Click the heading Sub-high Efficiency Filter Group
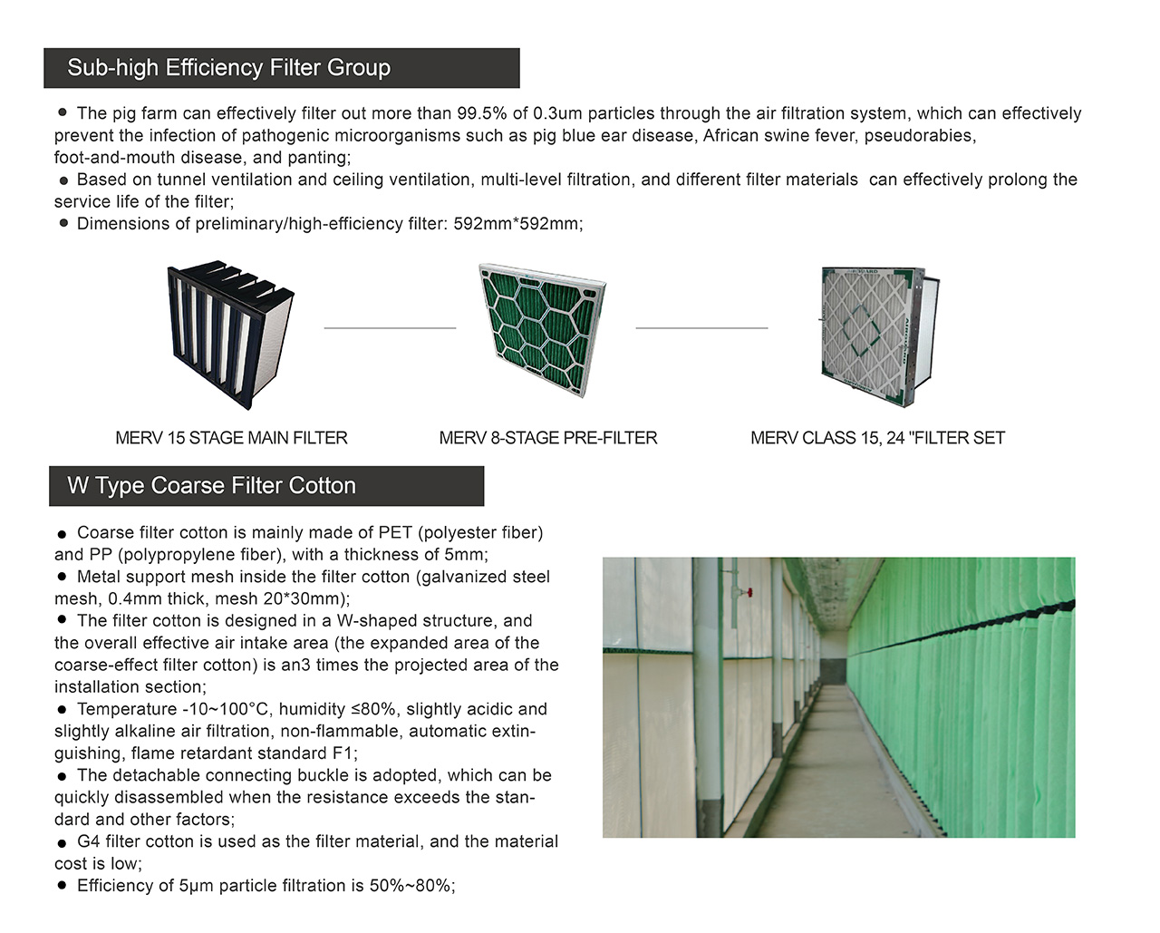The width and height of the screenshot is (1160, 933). (228, 68)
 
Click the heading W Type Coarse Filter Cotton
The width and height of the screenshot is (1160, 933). (211, 486)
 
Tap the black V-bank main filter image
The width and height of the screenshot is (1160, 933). (231, 335)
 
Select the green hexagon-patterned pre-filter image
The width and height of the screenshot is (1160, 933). (542, 331)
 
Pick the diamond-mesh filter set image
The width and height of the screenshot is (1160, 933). (875, 335)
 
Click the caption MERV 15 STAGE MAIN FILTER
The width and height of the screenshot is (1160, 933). (231, 438)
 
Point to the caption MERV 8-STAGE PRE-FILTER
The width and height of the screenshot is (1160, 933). (547, 438)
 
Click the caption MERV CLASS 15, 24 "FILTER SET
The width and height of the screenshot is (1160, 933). (877, 438)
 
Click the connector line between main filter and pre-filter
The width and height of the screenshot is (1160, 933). (390, 328)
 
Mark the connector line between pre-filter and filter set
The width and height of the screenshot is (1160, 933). (701, 328)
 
